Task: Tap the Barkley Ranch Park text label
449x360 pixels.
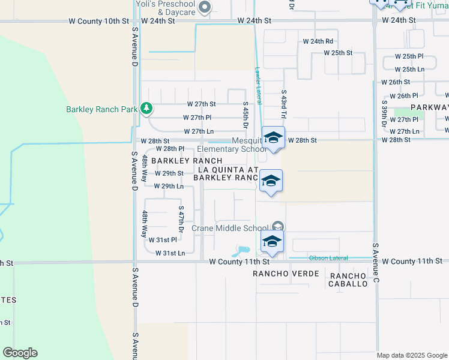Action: [x=101, y=109]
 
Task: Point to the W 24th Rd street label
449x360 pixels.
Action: [x=318, y=41]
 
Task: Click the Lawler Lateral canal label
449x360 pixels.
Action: [x=259, y=84]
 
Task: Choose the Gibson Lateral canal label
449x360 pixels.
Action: [x=328, y=258]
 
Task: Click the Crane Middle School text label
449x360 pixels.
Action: [x=229, y=228]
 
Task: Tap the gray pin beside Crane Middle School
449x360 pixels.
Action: [x=277, y=227]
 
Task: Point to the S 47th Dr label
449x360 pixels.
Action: [x=181, y=220]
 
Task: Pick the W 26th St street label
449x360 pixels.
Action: [x=395, y=82]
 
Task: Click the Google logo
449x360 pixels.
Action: [x=20, y=352]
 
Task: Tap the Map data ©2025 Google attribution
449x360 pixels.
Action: [x=411, y=355]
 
